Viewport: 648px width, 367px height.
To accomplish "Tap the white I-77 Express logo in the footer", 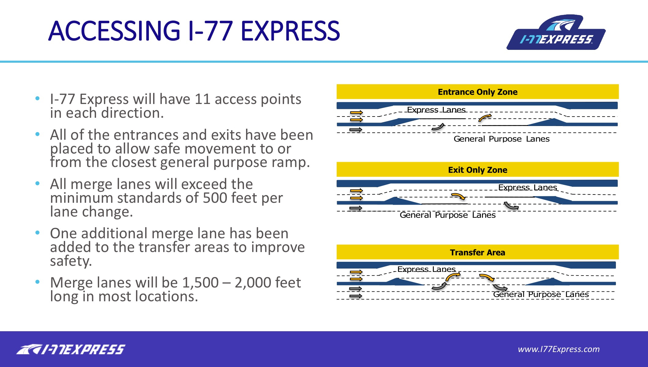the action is point(71,349).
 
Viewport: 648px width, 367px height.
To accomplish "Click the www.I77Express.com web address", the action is point(559,349).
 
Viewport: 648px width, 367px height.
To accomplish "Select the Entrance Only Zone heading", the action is point(477,92).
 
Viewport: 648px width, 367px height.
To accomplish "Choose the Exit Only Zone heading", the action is point(477,170).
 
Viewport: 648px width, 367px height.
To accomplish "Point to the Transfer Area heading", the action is point(477,252).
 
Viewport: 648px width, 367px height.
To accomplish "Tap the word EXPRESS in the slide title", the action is point(290,31).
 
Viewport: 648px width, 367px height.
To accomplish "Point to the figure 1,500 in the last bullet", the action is point(201,283).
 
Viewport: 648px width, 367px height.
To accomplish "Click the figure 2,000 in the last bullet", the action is point(253,283).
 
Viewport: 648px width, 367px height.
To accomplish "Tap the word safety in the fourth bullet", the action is point(71,261).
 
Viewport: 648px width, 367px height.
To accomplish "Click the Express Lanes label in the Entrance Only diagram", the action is point(436,110).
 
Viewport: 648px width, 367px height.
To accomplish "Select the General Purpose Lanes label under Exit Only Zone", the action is point(447,215).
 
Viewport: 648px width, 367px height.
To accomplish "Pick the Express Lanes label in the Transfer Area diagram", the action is point(426,269).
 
